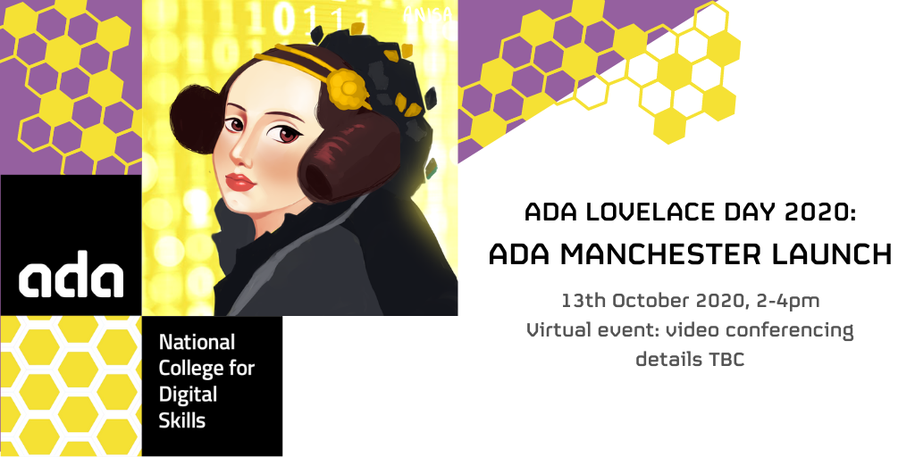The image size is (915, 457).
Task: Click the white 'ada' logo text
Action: point(71,274)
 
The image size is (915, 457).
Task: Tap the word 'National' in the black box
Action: point(197,342)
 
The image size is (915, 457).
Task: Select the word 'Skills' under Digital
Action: point(182,420)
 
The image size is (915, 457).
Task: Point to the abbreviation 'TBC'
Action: point(726,359)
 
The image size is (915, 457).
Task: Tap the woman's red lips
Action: point(239,182)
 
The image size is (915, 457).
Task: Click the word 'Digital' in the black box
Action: point(188,395)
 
